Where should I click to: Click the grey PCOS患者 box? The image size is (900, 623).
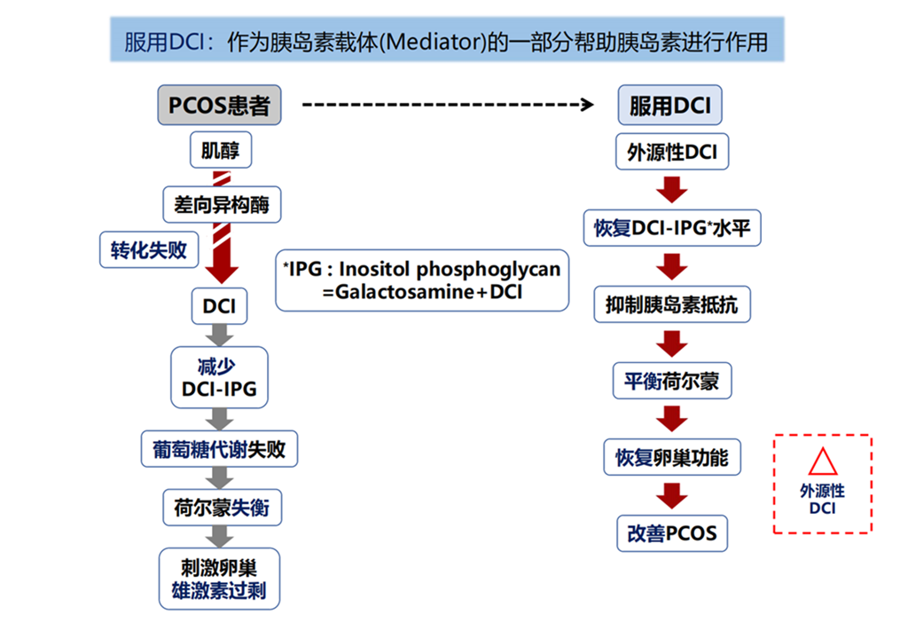click(219, 106)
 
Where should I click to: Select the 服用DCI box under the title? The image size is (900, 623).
click(669, 106)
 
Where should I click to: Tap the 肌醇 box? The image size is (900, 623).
click(221, 150)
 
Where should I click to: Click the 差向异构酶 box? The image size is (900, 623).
click(222, 205)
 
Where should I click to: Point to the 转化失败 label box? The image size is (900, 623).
click(149, 250)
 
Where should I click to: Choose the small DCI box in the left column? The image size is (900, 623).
click(219, 306)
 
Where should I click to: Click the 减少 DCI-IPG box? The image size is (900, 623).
click(219, 377)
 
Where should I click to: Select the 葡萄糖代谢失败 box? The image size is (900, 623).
click(219, 449)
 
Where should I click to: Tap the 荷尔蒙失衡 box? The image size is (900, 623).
click(222, 508)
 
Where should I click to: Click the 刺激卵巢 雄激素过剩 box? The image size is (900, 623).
click(219, 579)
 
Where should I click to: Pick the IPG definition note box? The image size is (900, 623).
click(422, 280)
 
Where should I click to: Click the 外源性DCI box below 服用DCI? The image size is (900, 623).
click(672, 152)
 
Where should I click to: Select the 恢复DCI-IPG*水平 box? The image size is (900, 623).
click(672, 228)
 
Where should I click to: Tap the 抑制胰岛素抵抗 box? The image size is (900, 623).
click(672, 304)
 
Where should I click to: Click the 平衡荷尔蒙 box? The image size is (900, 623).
click(672, 381)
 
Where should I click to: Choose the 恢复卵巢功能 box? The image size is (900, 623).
click(672, 457)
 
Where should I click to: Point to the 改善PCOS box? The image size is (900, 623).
click(672, 534)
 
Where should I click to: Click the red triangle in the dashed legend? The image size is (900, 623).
click(823, 462)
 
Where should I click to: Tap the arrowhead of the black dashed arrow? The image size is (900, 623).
click(587, 105)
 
